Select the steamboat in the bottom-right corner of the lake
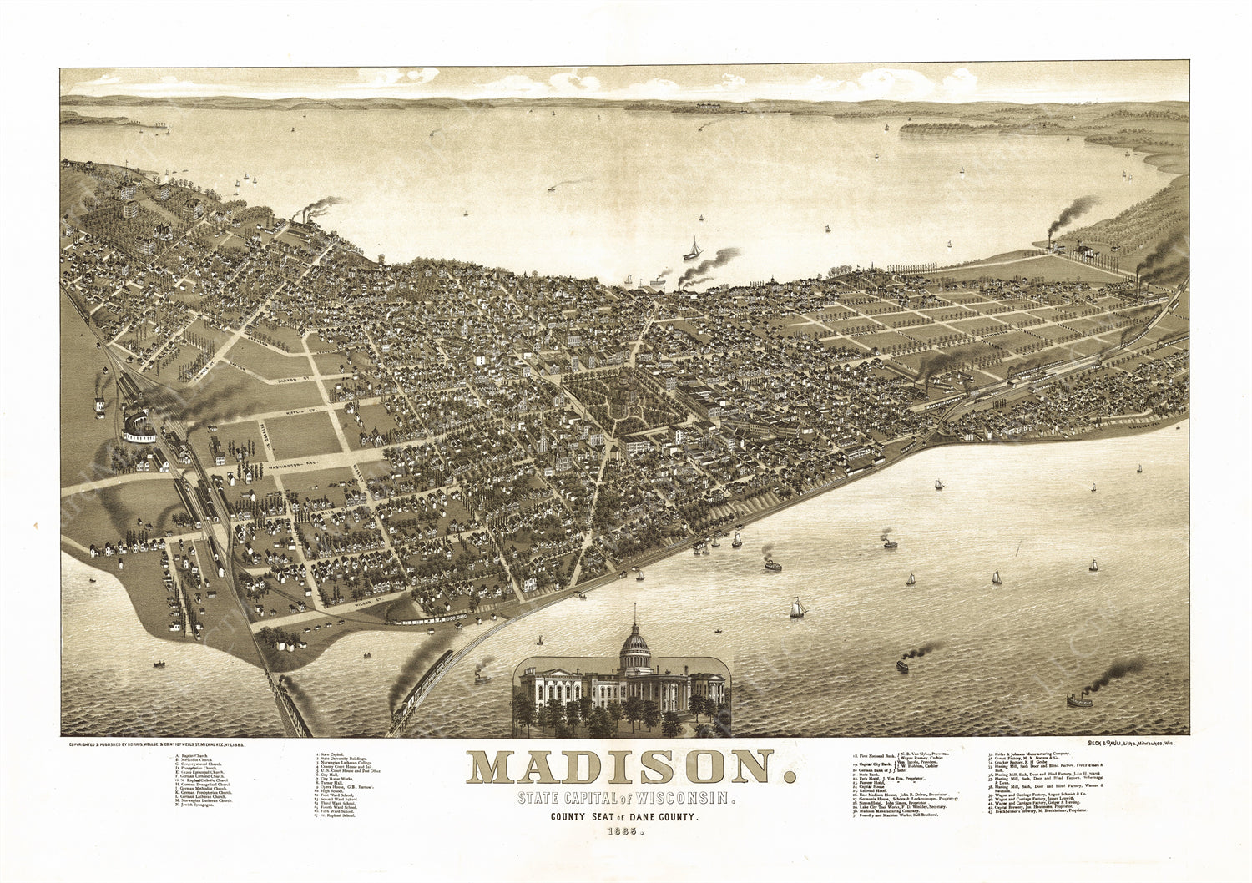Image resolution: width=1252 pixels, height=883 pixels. tap(1080, 700)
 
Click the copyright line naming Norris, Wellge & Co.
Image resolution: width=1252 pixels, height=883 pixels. tap(149, 742)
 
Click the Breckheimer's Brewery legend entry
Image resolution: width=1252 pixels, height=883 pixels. tap(1039, 810)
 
